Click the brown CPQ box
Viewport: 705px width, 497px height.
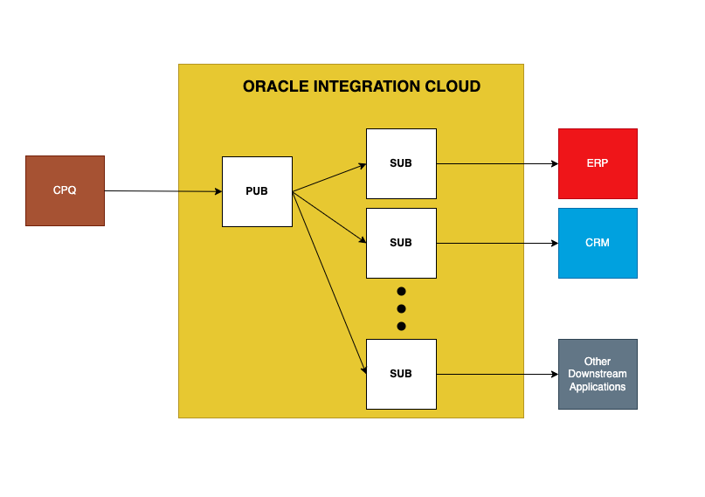pos(65,190)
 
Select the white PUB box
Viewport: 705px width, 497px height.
pos(257,191)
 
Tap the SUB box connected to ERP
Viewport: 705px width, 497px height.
pos(401,163)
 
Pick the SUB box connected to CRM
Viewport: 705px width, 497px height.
pos(401,243)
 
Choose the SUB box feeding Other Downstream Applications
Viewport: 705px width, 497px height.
pos(401,374)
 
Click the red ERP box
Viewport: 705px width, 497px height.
pos(598,163)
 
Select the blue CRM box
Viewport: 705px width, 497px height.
pos(598,243)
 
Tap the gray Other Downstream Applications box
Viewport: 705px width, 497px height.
pos(598,374)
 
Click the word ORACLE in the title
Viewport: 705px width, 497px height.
pos(272,86)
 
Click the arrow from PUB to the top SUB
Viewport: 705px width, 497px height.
pos(329,177)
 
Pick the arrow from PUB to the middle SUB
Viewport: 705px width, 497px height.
pos(329,217)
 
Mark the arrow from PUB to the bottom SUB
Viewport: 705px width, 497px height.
pos(329,282)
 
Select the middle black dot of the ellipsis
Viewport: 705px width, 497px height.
pos(402,308)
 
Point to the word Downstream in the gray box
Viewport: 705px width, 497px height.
pos(598,374)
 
